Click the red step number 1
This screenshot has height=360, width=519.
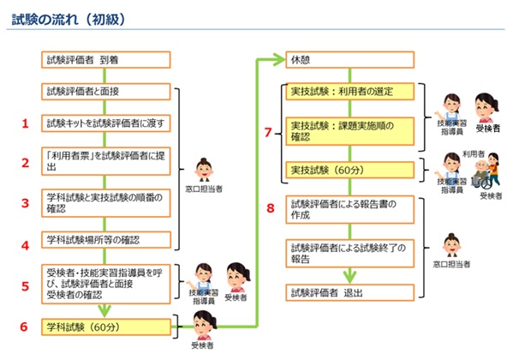(26, 123)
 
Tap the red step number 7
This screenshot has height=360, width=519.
(269, 133)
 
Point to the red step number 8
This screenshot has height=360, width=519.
(271, 207)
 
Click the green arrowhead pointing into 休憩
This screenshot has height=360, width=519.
(276, 61)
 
